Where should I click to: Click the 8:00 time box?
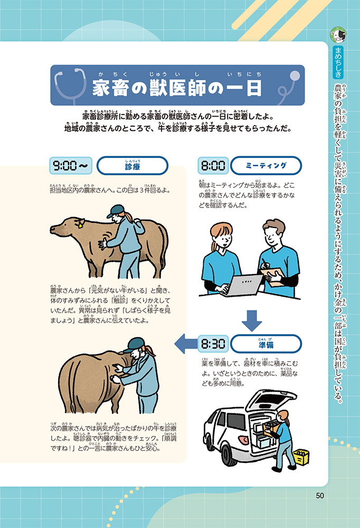point(213,166)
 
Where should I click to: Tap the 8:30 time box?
point(213,344)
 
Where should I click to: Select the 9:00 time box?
point(71,166)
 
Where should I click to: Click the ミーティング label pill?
point(266,166)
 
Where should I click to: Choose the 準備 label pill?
point(266,344)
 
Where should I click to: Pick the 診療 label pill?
point(132,166)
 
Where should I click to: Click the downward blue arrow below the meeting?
point(252,321)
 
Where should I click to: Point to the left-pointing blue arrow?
point(186,344)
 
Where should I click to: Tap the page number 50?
point(320,495)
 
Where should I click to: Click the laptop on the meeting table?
point(242,285)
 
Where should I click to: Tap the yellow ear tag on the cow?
point(80,225)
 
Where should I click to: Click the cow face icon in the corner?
point(338,35)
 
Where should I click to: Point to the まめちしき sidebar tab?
point(338,63)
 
